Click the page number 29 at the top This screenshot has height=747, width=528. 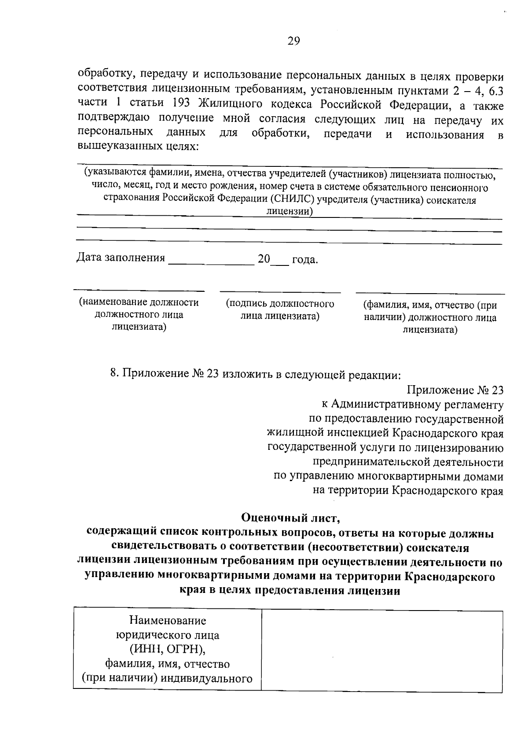point(294,41)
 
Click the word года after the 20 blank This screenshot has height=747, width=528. point(305,260)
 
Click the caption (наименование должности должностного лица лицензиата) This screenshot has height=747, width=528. point(139,315)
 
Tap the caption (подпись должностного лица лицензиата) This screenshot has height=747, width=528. point(280,310)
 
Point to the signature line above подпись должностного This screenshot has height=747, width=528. point(280,292)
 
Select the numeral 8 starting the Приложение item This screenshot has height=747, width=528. point(114,374)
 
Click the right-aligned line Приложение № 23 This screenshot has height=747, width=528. point(455,390)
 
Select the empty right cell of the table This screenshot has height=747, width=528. point(382,651)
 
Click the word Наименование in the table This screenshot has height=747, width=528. point(167,621)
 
